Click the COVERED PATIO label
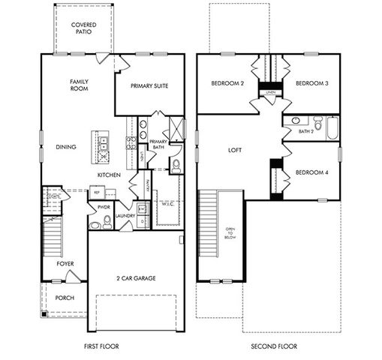point(83,28)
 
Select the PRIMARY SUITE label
point(149,85)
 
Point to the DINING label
point(66,147)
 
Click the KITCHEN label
point(110,175)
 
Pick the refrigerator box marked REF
point(96,193)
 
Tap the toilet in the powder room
point(107,221)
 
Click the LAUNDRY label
point(124,215)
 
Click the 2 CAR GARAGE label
point(136,278)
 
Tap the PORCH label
point(65,296)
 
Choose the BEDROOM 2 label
point(227,83)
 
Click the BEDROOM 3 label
point(311,83)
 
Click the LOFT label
point(235,150)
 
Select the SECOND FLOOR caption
point(272,346)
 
